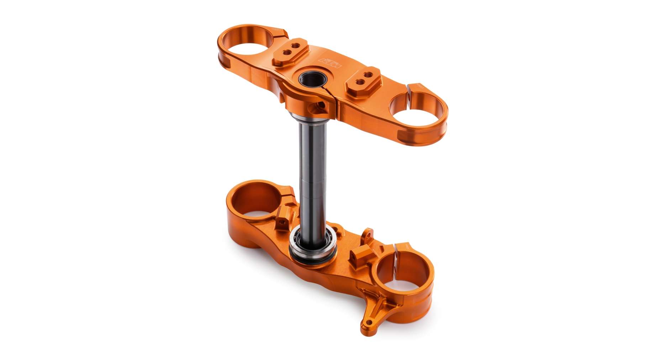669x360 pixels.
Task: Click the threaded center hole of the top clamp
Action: [x=312, y=79]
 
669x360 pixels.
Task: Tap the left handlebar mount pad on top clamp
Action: [x=290, y=52]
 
